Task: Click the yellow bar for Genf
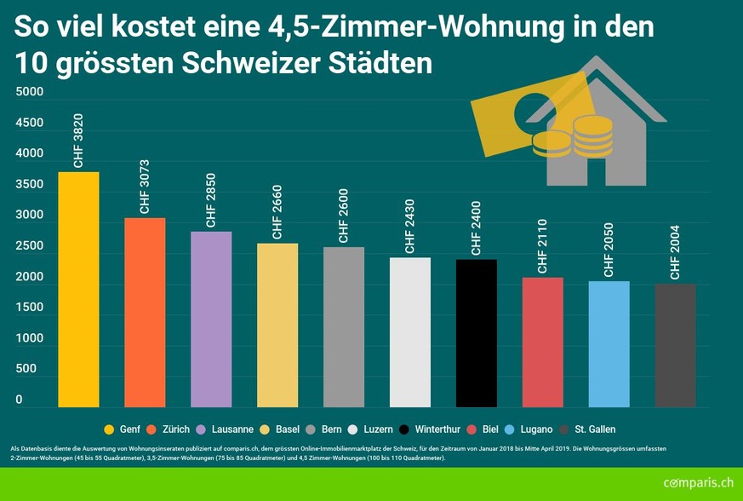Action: point(78,290)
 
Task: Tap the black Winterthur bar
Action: point(477,333)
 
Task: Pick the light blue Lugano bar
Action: point(609,344)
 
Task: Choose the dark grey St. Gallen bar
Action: point(675,346)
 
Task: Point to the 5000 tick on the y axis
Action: point(29,92)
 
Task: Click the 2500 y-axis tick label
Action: point(29,246)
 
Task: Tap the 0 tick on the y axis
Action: point(19,400)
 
